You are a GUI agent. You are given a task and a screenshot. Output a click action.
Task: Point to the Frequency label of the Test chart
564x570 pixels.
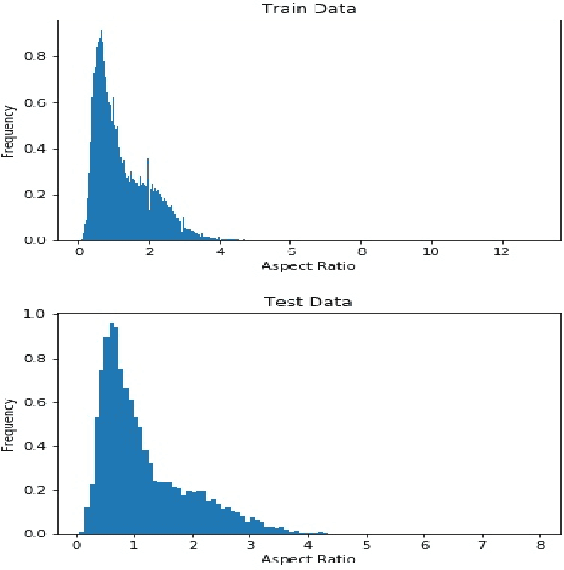[8, 424]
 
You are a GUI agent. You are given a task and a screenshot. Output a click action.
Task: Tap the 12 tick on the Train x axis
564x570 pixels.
[502, 252]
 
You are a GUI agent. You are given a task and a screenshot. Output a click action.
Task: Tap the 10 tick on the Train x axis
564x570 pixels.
[431, 252]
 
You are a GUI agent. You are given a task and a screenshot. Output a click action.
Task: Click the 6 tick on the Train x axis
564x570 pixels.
[291, 252]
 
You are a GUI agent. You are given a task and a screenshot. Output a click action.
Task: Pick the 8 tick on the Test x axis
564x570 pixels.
[541, 544]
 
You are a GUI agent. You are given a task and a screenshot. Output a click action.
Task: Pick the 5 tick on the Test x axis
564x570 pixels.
[367, 544]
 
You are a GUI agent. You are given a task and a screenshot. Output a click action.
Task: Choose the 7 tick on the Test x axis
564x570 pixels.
[483, 544]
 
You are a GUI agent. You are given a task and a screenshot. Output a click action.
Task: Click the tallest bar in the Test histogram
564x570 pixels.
[113, 428]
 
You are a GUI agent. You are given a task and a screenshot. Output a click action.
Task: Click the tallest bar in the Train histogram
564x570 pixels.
[101, 140]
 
